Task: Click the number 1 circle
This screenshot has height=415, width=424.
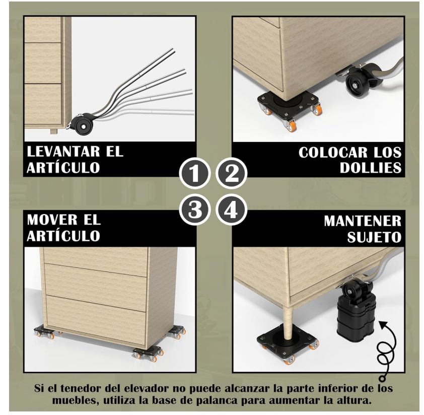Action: click(194, 173)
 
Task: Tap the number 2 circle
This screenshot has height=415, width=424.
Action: click(232, 173)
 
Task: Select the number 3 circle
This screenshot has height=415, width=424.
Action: click(194, 210)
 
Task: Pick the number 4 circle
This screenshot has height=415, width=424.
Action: click(232, 210)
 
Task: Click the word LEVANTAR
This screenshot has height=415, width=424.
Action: click(63, 152)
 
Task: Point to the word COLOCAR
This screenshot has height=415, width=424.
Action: click(333, 152)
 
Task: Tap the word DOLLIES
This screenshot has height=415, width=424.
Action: click(371, 168)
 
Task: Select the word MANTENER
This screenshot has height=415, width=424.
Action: click(363, 221)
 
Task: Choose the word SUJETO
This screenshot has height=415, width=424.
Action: click(374, 237)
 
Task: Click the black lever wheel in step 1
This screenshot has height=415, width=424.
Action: click(83, 126)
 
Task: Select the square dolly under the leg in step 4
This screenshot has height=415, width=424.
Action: click(288, 343)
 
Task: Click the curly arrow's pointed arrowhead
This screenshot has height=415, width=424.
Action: click(381, 324)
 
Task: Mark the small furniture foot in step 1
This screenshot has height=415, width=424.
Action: click(54, 131)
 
